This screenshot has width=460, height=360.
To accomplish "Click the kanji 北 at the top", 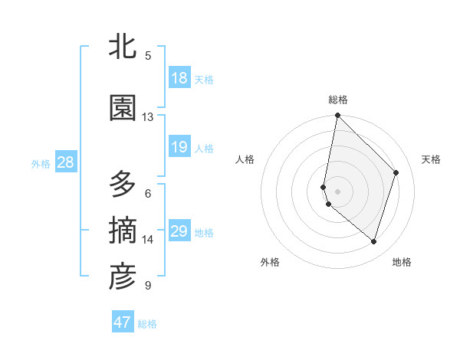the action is click(x=123, y=47).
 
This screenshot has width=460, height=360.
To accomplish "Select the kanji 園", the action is click(x=123, y=108).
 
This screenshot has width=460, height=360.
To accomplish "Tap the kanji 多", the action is click(x=123, y=185).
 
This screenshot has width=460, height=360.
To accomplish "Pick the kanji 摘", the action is click(x=123, y=231).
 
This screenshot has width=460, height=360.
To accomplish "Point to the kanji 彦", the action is click(x=123, y=277).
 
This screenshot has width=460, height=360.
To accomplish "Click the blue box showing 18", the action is click(x=179, y=78).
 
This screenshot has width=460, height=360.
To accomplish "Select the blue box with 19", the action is click(x=179, y=147).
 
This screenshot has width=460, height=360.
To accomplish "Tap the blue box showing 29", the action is click(x=179, y=231).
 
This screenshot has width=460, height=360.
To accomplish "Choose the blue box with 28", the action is click(x=65, y=162).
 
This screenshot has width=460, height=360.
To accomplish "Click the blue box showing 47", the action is click(x=123, y=322).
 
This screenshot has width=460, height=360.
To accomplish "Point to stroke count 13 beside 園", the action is click(x=148, y=116).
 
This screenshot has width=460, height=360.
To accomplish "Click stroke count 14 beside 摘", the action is click(x=148, y=240).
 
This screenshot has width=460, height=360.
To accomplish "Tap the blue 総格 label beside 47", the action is click(x=147, y=324).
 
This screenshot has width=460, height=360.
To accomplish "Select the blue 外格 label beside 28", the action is click(x=41, y=163).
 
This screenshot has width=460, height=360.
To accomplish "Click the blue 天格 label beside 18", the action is click(x=204, y=80).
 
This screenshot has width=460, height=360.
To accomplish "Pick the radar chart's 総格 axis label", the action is click(x=338, y=100).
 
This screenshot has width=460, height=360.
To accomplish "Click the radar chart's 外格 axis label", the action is click(x=270, y=262).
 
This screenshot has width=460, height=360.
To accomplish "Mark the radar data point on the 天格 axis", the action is click(x=396, y=172).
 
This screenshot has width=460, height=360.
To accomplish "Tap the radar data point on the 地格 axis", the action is click(x=374, y=242).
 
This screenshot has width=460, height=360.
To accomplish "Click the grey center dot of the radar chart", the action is click(x=338, y=191).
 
